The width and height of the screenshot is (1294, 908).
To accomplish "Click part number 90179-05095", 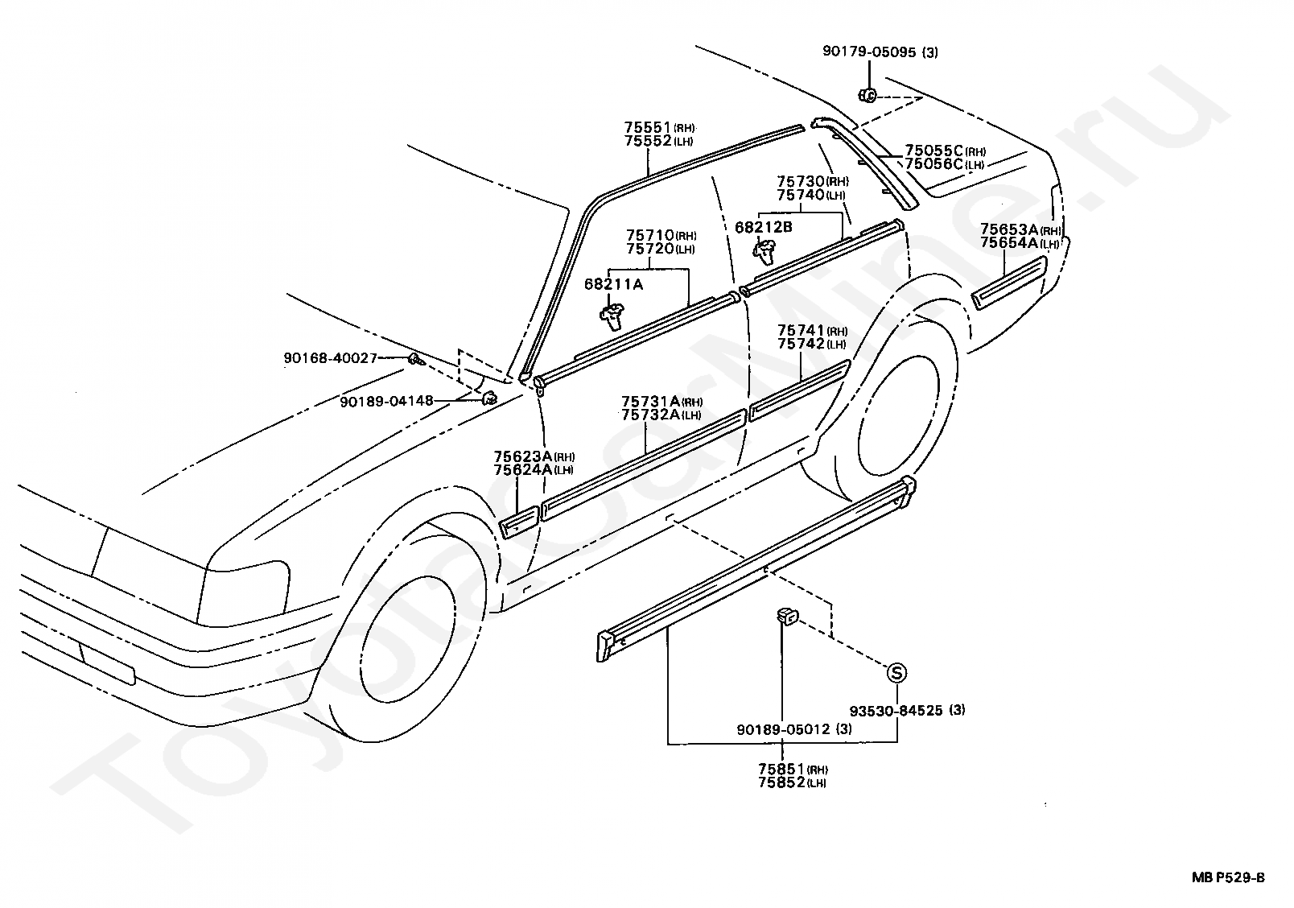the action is [869, 52].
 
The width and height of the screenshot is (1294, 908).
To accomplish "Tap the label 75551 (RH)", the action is [659, 127].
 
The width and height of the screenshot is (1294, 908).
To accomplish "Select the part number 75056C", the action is [934, 163].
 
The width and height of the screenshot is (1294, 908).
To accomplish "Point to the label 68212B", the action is [763, 227].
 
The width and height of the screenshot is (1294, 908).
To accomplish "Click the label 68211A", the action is [613, 284].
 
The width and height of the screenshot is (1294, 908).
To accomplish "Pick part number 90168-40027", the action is [331, 358].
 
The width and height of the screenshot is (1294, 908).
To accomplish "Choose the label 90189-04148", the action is [386, 401].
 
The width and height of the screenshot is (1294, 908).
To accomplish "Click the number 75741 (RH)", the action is [812, 331].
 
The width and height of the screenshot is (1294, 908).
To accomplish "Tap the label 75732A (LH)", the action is [661, 415].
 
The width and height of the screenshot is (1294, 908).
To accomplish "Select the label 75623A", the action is [523, 456].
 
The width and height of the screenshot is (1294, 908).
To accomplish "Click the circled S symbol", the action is [896, 672].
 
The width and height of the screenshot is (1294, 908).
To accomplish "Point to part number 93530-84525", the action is [896, 710].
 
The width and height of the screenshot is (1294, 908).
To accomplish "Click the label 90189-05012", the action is [783, 729].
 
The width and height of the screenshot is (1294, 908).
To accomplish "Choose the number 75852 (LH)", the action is [792, 782].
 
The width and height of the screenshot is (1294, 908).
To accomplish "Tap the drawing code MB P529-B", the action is [1228, 877].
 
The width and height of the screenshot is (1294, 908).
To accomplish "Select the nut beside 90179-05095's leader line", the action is [867, 95].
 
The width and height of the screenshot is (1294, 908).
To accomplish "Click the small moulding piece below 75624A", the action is [519, 522].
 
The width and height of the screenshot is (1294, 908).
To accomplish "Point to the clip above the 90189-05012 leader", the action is [787, 616].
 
